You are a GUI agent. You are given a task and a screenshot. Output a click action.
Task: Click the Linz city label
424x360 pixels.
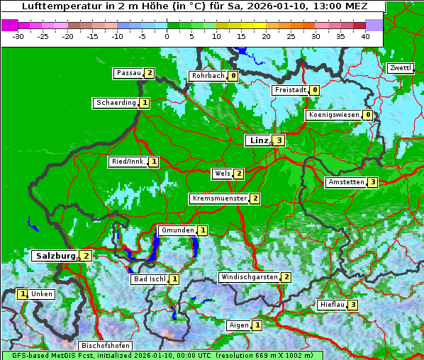pyautogui.click(x=259, y=140)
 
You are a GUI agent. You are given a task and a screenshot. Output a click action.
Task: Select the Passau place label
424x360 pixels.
pyautogui.click(x=129, y=73)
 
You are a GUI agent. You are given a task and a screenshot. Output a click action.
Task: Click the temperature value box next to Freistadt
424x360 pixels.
pyautogui.click(x=313, y=90)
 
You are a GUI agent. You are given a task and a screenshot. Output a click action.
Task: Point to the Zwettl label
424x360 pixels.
pyautogui.click(x=401, y=68)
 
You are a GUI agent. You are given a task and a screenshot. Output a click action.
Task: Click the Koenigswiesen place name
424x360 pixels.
pyautogui.click(x=334, y=115)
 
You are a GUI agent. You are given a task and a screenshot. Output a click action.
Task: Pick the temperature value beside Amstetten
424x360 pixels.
pyautogui.click(x=372, y=182)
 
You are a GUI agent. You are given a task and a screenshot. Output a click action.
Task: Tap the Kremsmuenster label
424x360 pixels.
pyautogui.click(x=219, y=198)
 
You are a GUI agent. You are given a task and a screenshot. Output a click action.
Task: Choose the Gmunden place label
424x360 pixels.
pyautogui.click(x=177, y=230)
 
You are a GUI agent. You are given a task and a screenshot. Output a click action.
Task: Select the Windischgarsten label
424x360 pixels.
pyautogui.click(x=249, y=277)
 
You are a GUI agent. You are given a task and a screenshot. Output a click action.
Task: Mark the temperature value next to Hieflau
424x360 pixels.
pyautogui.click(x=352, y=305)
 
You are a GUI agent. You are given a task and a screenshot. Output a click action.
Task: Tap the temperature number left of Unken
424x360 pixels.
pyautogui.click(x=23, y=293)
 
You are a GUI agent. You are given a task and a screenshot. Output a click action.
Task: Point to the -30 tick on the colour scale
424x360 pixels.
pyautogui.click(x=18, y=36)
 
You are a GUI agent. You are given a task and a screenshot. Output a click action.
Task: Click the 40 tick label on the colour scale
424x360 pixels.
pyautogui.click(x=364, y=36)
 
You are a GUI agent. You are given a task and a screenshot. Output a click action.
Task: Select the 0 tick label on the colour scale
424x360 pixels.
pyautogui.click(x=167, y=36)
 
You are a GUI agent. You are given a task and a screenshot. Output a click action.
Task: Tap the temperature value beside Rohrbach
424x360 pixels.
pyautogui.click(x=233, y=76)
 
